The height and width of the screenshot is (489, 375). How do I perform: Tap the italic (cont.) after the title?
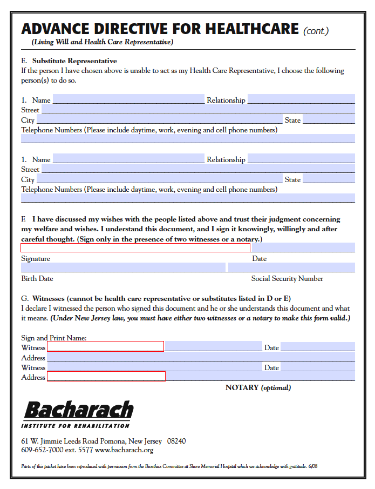(x=316, y=31)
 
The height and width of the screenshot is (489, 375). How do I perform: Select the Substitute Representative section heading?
(x=74, y=61)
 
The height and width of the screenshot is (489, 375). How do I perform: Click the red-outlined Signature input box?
(x=135, y=247)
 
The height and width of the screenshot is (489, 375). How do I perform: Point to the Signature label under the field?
(x=36, y=258)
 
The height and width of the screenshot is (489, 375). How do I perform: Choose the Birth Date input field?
(x=123, y=267)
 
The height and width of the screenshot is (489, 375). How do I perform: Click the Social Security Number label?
(x=287, y=278)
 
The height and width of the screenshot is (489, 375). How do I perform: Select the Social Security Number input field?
(x=291, y=267)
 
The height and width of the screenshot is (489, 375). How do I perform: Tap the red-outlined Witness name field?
(x=105, y=346)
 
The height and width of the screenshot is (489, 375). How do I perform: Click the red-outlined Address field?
(x=106, y=377)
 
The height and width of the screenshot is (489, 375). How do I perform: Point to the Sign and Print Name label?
(x=54, y=338)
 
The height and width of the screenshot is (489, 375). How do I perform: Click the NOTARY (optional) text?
(x=258, y=387)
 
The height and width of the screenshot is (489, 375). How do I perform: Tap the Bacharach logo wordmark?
(x=78, y=411)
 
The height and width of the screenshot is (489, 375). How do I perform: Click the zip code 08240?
(x=176, y=441)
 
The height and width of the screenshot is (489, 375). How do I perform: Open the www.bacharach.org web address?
(x=124, y=450)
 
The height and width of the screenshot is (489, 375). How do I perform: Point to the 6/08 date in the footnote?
(x=313, y=466)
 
